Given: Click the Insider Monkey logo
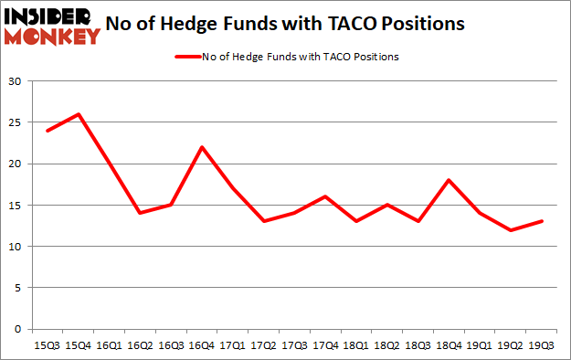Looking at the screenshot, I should (x=51, y=26).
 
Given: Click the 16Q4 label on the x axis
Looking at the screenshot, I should (x=201, y=345).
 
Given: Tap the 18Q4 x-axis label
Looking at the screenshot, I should (x=449, y=345).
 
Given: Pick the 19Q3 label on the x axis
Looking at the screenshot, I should (x=542, y=345).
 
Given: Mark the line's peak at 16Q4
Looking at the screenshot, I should (x=201, y=147).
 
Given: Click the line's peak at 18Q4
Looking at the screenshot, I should (x=449, y=180).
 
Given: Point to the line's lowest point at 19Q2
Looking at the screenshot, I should (x=511, y=230).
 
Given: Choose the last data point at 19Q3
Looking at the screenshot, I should (x=542, y=221).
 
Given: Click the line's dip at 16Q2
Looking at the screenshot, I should (x=139, y=213).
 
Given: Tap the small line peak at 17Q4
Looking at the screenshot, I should (x=324, y=196).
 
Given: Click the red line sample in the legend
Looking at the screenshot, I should (x=192, y=57).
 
